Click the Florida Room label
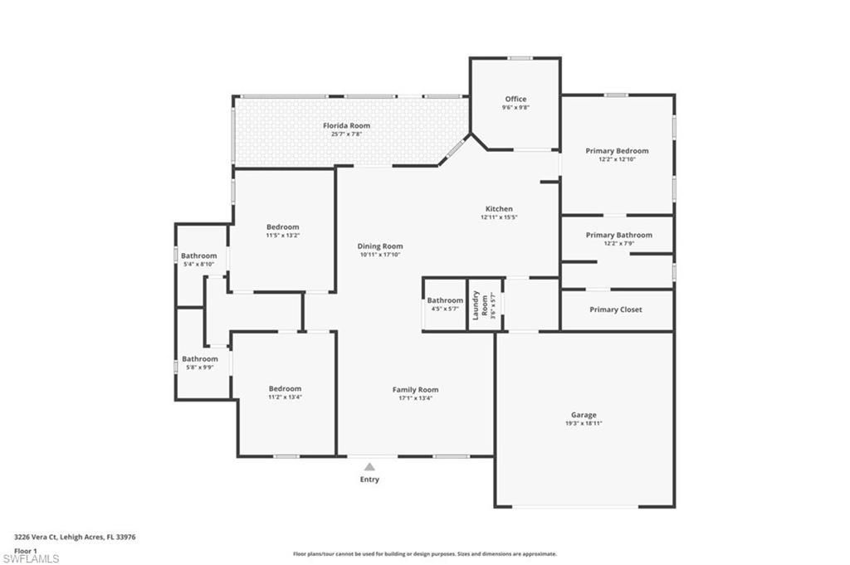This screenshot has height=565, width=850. (346, 126)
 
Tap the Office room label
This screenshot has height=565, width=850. (515, 99)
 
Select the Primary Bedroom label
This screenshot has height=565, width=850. (617, 151)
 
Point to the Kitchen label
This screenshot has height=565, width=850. (499, 209)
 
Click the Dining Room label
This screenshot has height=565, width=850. (380, 246)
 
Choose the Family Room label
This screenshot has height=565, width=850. (415, 390)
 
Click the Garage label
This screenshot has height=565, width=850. (584, 415)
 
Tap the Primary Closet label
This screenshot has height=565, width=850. (616, 309)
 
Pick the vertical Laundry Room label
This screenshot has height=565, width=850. (476, 305)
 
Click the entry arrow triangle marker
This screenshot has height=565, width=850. (369, 467)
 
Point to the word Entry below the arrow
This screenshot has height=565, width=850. (369, 480)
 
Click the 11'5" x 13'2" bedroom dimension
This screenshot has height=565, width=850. (282, 236)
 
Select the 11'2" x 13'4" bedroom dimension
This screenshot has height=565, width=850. (284, 397)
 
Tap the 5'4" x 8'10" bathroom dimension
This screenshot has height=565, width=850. (199, 264)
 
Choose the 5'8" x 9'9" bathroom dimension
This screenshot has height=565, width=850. (199, 367)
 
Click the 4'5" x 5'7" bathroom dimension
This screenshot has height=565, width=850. (445, 309)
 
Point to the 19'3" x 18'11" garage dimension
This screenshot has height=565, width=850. (584, 423)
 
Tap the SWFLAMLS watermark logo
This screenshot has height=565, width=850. (31, 558)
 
